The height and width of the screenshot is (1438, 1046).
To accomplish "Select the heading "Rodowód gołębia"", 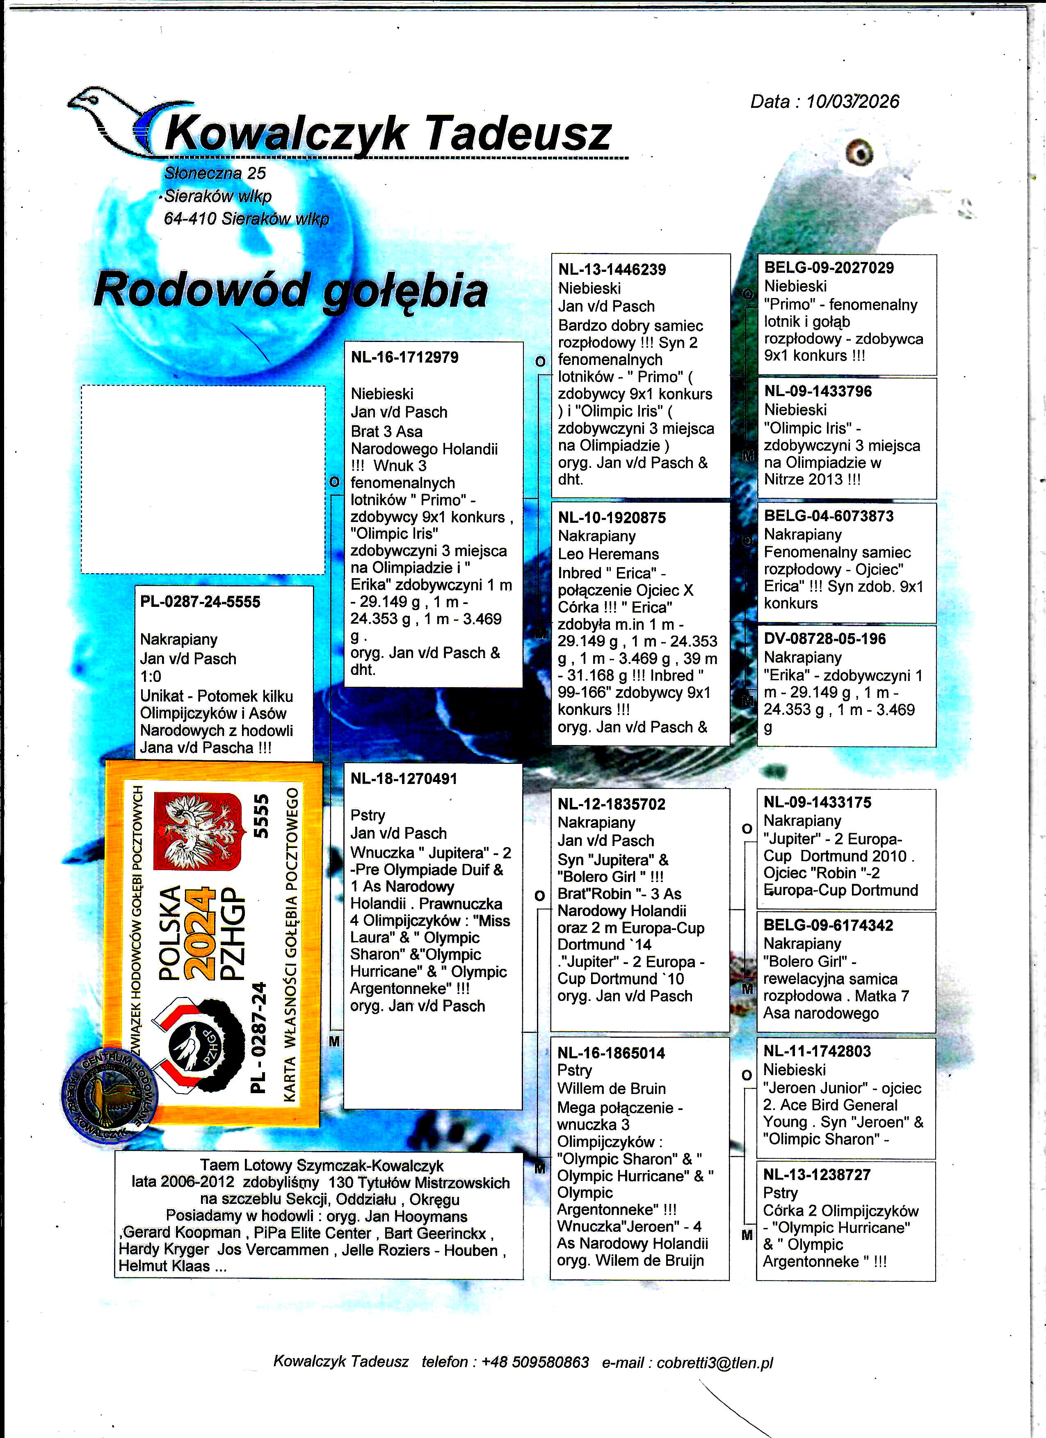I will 290,290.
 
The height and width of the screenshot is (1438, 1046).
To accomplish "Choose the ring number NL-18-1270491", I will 404,779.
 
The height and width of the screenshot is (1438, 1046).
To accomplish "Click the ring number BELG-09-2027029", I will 829,268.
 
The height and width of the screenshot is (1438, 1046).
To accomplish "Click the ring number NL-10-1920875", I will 612,517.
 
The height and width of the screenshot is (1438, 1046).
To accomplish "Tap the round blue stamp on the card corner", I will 109,1097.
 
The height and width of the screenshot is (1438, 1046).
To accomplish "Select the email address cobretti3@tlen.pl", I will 715,1362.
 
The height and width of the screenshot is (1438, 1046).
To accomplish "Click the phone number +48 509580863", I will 535,1362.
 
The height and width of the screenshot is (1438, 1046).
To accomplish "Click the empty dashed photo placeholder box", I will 203,480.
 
